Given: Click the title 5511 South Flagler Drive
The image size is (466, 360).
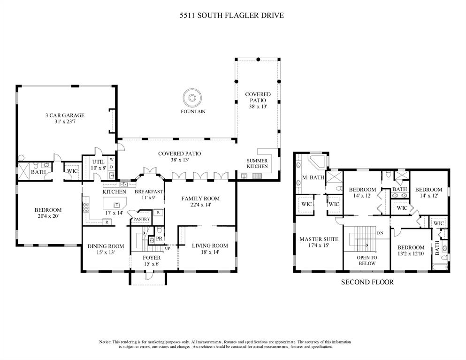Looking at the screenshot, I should [x=232, y=15].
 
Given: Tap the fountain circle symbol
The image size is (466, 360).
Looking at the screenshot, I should [x=192, y=98].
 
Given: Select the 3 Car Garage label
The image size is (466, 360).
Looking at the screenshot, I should [x=65, y=115].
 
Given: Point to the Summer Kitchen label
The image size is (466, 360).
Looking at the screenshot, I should [x=257, y=163].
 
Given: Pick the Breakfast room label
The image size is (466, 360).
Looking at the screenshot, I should [x=148, y=191].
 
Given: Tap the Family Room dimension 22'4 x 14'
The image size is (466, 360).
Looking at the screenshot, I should [x=200, y=205].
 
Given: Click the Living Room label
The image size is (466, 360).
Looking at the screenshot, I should [x=210, y=245].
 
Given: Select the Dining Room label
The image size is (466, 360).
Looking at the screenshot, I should [x=106, y=246].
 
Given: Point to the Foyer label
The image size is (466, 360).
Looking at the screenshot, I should [x=151, y=258].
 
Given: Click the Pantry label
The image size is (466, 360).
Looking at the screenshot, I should [x=141, y=219].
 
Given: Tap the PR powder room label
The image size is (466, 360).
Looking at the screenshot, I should [x=159, y=239].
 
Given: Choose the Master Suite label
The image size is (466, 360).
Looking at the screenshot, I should [x=319, y=239].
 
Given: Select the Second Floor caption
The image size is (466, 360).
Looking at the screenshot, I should [x=367, y=282].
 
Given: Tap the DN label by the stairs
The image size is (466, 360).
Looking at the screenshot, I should [x=380, y=233].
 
